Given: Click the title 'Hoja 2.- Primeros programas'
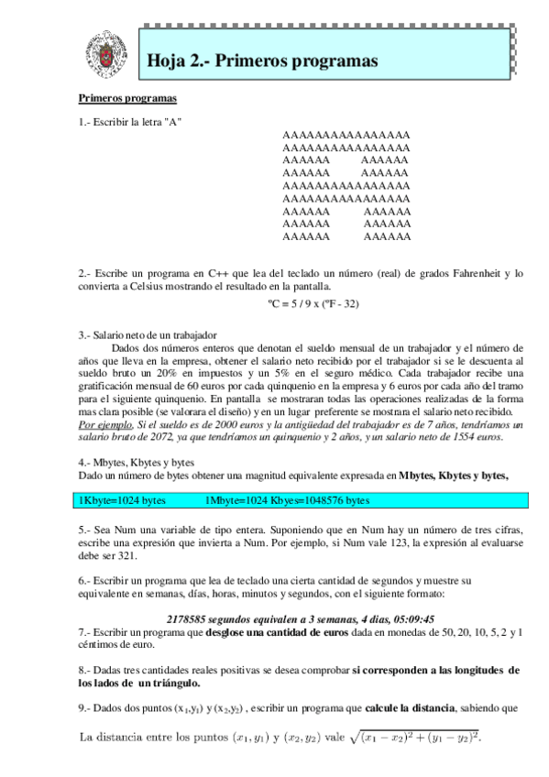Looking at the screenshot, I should pyautogui.click(x=263, y=60).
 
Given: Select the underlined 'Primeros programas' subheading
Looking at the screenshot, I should pyautogui.click(x=127, y=98).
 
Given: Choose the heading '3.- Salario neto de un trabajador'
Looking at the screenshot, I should pyautogui.click(x=148, y=335).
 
